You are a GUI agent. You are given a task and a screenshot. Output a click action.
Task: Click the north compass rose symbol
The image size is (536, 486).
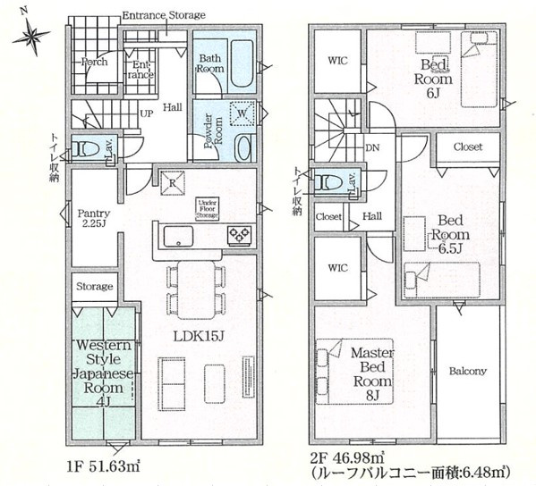coord(31,35)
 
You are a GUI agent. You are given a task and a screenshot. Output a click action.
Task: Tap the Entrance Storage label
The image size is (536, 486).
coord(163,15)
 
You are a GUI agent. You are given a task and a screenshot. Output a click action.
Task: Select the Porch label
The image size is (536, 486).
coord(94,63)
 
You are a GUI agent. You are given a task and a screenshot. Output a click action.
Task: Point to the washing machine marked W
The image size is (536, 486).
coord(240,113)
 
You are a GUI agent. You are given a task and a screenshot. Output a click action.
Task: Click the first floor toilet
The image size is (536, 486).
coord(85,149)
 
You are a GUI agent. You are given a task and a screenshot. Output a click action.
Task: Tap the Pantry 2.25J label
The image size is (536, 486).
coord(93,219)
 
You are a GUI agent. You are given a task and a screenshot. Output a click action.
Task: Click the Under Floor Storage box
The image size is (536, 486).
coord(208,208)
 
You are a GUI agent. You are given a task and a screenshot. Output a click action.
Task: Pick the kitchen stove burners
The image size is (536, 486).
coord(239,236)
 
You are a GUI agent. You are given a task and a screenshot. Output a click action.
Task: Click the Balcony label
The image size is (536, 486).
coord(468,372)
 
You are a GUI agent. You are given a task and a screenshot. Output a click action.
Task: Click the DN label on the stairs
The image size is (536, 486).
coord(371,149)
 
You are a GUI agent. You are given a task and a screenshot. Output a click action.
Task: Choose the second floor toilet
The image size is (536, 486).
coord(330,183)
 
